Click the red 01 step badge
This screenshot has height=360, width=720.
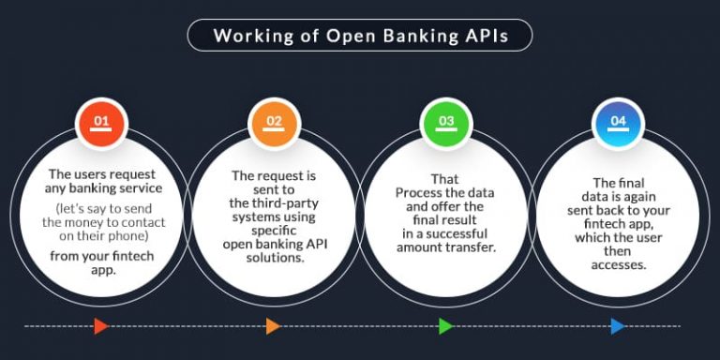tap(102, 123)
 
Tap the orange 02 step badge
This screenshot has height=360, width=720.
tap(274, 123)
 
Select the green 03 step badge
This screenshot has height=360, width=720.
tap(446, 123)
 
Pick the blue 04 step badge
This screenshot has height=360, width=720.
tap(618, 123)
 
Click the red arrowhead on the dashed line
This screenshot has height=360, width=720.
tap(101, 326)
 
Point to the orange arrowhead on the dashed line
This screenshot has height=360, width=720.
tap(273, 326)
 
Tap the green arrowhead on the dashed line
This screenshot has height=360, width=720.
tap(446, 326)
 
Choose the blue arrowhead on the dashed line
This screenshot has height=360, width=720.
tap(618, 326)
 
